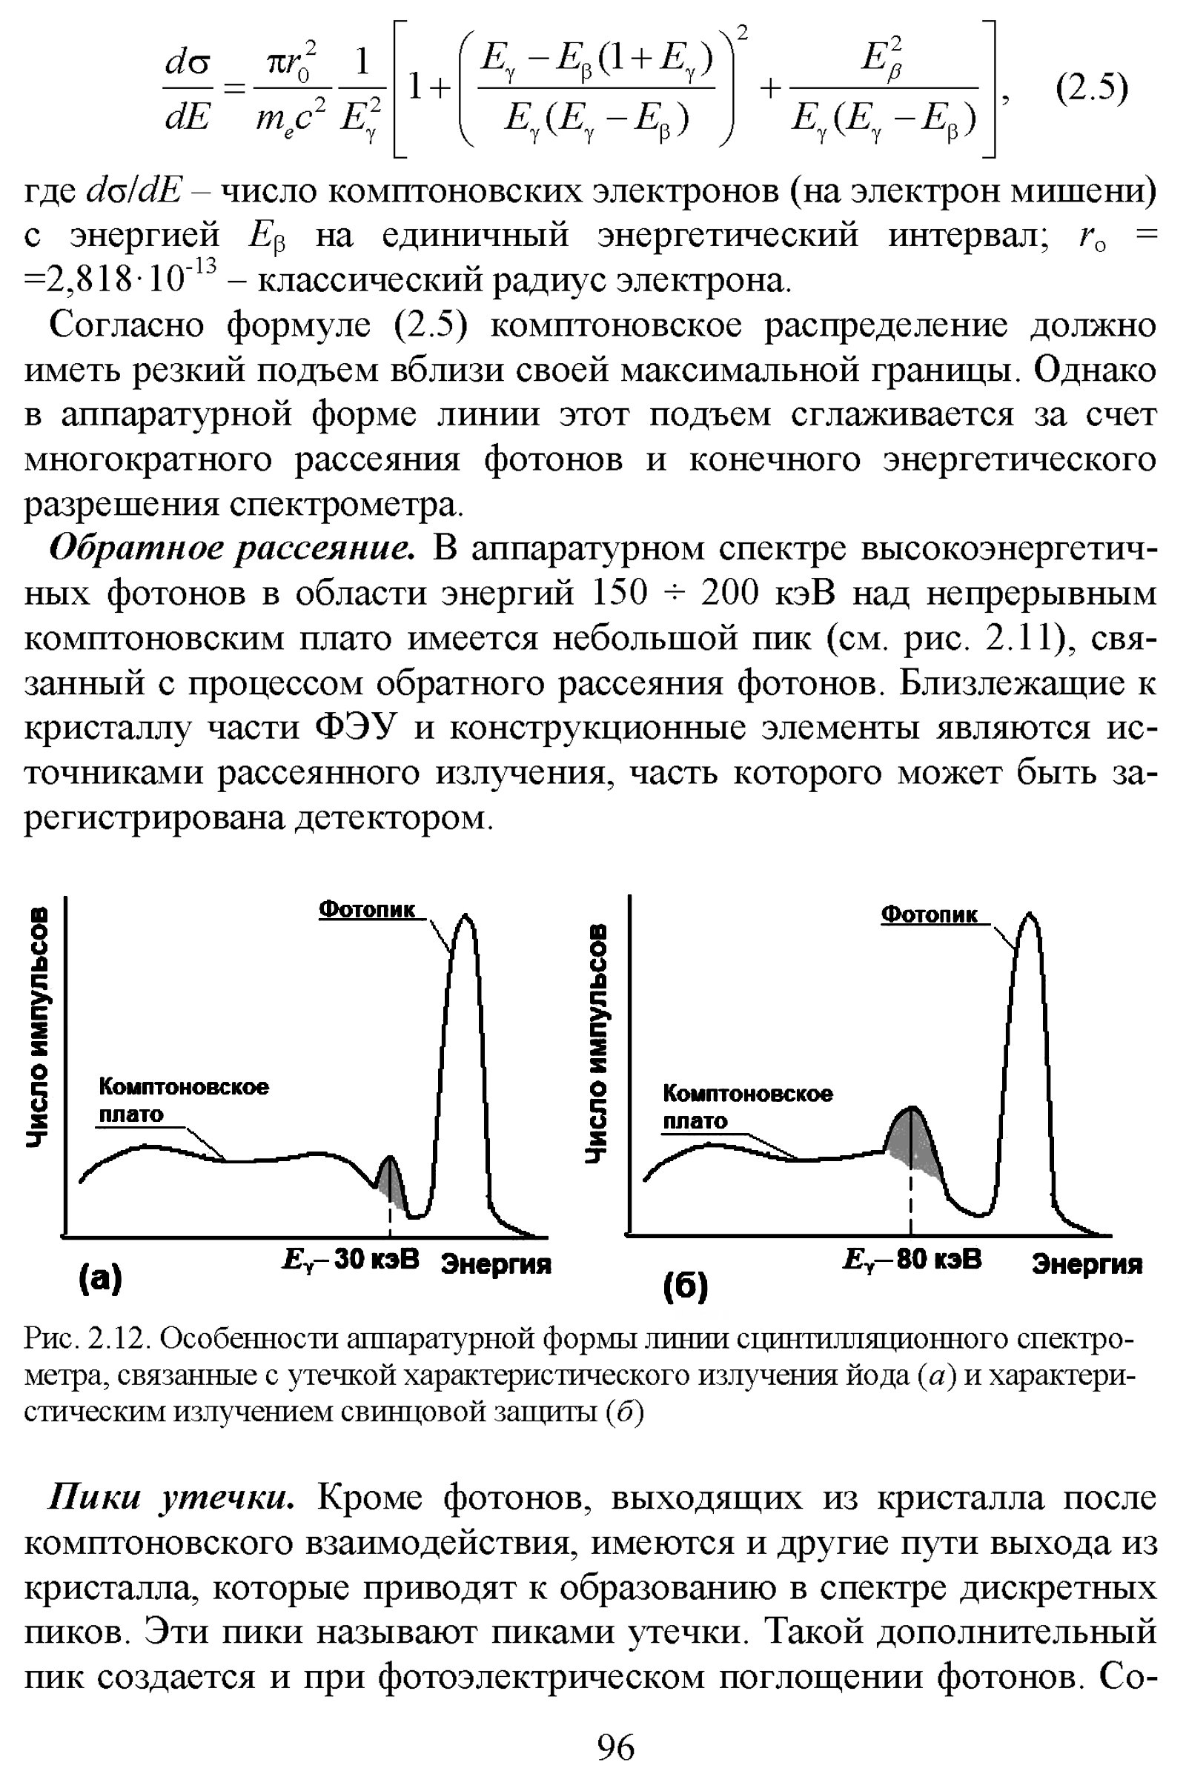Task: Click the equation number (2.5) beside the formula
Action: [x=1091, y=89]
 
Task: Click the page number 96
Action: [x=616, y=1744]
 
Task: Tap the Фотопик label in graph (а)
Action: [x=367, y=909]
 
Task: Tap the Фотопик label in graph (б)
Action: [x=930, y=914]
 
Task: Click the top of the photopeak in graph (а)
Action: [x=466, y=918]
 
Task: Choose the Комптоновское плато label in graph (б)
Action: [x=746, y=1106]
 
